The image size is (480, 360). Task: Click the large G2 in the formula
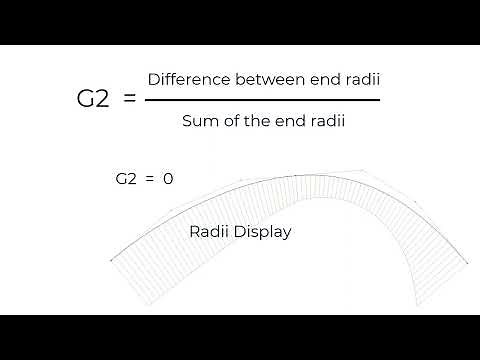pyautogui.click(x=93, y=100)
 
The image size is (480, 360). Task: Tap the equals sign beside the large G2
pyautogui.click(x=128, y=100)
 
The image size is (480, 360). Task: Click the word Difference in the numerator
pyautogui.click(x=186, y=78)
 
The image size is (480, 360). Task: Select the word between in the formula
pyautogui.click(x=261, y=78)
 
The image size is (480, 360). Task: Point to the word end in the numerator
pyautogui.click(x=314, y=78)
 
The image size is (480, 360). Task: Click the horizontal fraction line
pyautogui.click(x=263, y=99)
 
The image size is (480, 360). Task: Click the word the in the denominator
pyautogui.click(x=254, y=122)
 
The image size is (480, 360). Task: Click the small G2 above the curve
pyautogui.click(x=125, y=179)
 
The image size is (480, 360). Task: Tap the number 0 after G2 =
pyautogui.click(x=168, y=179)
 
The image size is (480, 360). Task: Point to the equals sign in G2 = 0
pyautogui.click(x=148, y=179)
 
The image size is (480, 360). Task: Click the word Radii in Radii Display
pyautogui.click(x=209, y=232)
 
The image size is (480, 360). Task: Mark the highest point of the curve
pyautogui.click(x=300, y=175)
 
